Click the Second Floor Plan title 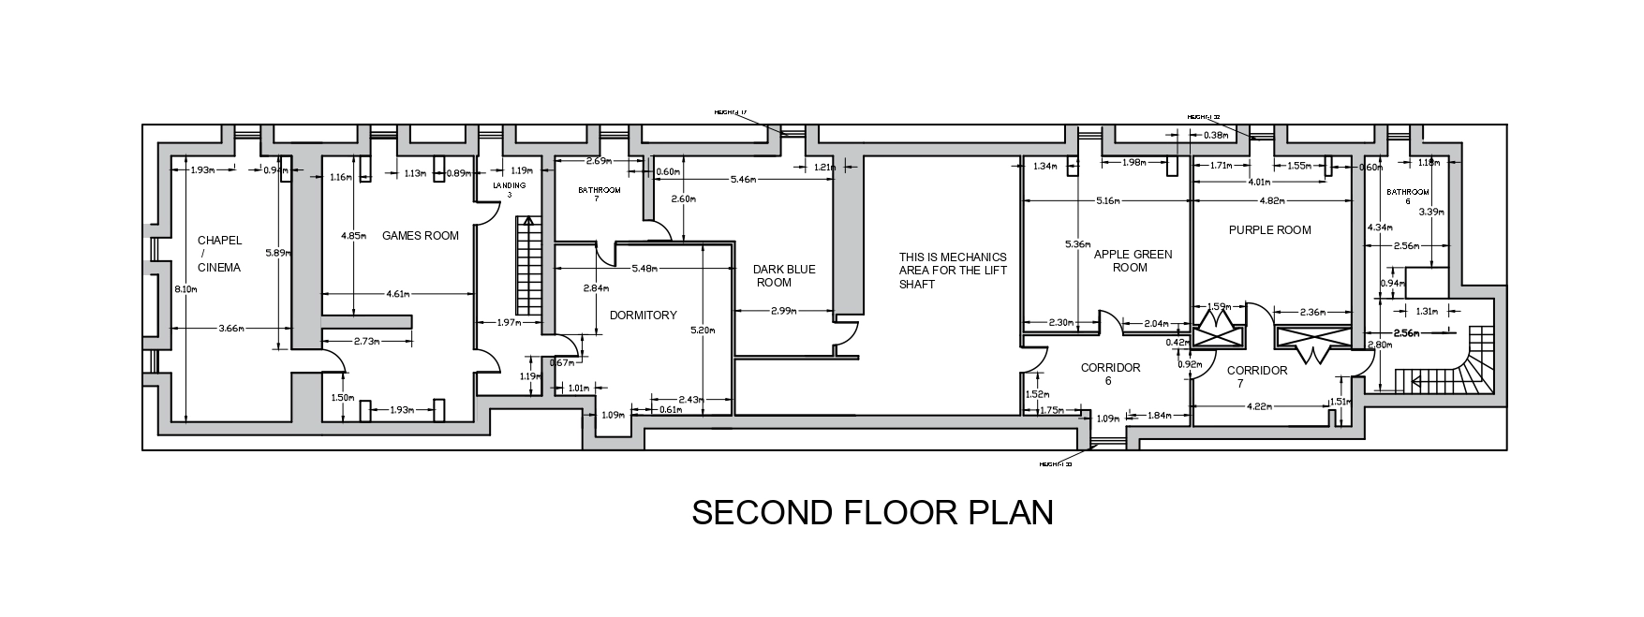(x=872, y=513)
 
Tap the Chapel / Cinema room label (x=219, y=254)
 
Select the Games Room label (x=421, y=236)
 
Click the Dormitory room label (x=643, y=316)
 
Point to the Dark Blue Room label (x=785, y=275)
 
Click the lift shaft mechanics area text (x=952, y=271)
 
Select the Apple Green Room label (x=1133, y=260)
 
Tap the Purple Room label (x=1269, y=230)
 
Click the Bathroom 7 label (x=600, y=194)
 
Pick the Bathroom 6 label (x=1408, y=196)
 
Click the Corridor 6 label (x=1110, y=374)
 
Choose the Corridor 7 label (x=1256, y=376)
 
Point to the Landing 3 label (x=510, y=190)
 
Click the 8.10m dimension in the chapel (x=185, y=289)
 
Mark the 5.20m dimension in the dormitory (x=703, y=331)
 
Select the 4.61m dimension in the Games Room (x=397, y=294)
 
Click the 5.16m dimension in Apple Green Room (x=1106, y=201)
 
